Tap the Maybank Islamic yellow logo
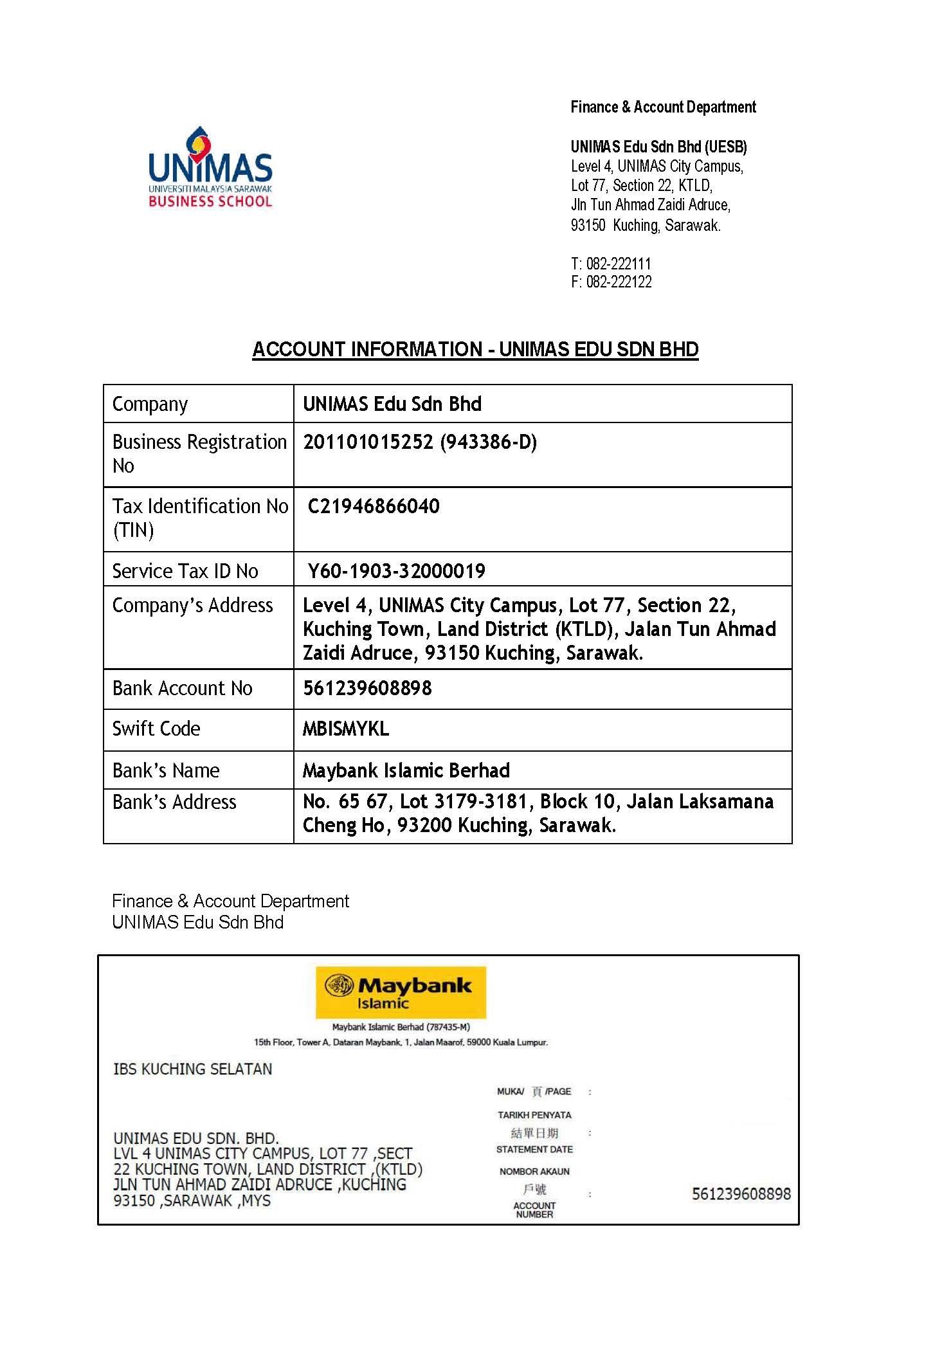pyautogui.click(x=401, y=992)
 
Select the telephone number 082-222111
pyautogui.click(x=618, y=264)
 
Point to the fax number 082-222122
pyautogui.click(x=619, y=282)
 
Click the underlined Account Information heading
pyautogui.click(x=475, y=349)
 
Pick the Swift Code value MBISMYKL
pyautogui.click(x=346, y=729)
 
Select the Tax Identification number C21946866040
pyautogui.click(x=374, y=506)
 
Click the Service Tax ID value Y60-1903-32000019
pyautogui.click(x=396, y=570)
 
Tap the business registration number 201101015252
pyautogui.click(x=368, y=442)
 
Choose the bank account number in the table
pyautogui.click(x=367, y=688)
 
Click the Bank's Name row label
pyautogui.click(x=166, y=770)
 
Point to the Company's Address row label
pyautogui.click(x=192, y=605)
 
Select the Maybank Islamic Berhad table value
pyautogui.click(x=406, y=770)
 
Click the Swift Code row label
pyautogui.click(x=156, y=729)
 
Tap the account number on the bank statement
pyautogui.click(x=741, y=1193)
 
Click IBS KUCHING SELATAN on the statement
pyautogui.click(x=192, y=1069)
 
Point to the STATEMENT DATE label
pyautogui.click(x=534, y=1149)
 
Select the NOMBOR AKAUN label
pyautogui.click(x=534, y=1171)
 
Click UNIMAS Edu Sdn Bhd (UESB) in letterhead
pyautogui.click(x=658, y=147)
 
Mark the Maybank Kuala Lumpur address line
pyautogui.click(x=401, y=1042)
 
